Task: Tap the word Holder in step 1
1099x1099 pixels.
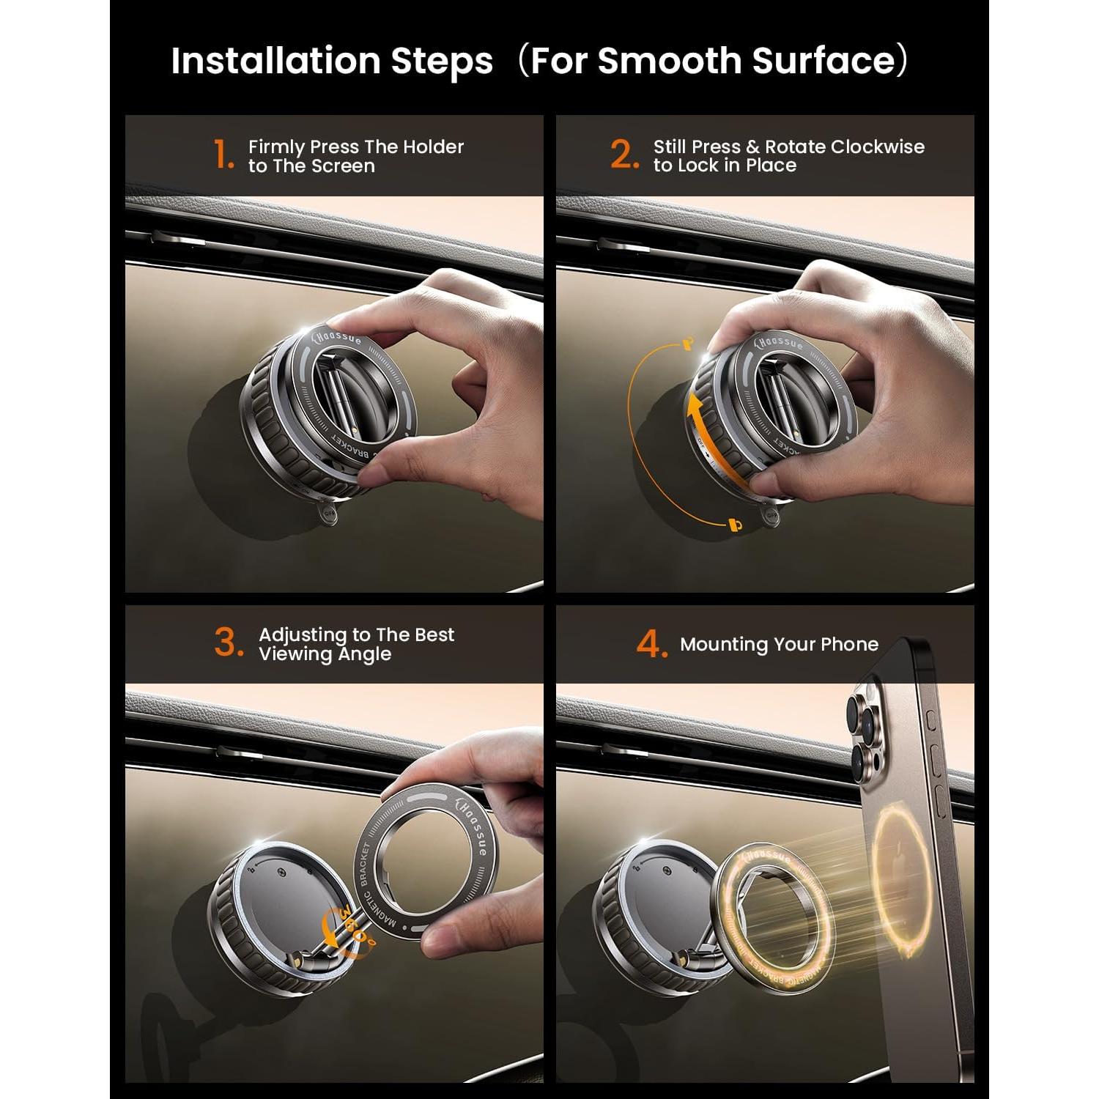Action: pos(433,147)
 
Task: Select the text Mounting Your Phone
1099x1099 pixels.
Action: pos(779,644)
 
